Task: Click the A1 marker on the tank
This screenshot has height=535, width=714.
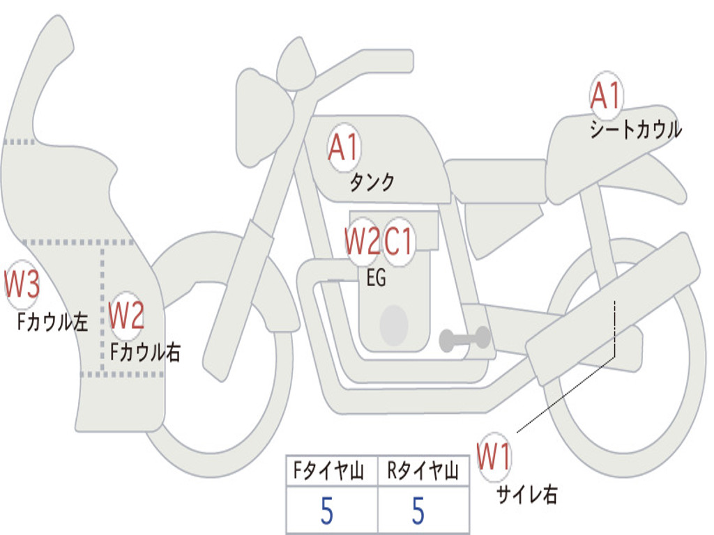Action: pyautogui.click(x=344, y=148)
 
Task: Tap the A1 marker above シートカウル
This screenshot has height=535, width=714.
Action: pyautogui.click(x=606, y=95)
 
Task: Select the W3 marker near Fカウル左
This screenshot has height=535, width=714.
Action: pyautogui.click(x=22, y=284)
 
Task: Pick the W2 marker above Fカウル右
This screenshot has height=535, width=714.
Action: pyautogui.click(x=127, y=316)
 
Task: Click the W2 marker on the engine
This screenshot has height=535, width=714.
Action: pyautogui.click(x=363, y=242)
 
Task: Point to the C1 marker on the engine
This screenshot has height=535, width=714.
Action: pyautogui.click(x=399, y=242)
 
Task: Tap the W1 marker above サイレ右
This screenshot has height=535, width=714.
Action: pyautogui.click(x=494, y=456)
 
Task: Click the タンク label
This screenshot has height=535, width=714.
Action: pyautogui.click(x=372, y=183)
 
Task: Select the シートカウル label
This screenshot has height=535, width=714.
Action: pyautogui.click(x=636, y=129)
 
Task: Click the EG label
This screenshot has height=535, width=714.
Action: pyautogui.click(x=376, y=277)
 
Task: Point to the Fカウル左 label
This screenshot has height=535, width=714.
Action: pyautogui.click(x=52, y=322)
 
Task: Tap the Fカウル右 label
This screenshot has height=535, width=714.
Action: pyautogui.click(x=145, y=352)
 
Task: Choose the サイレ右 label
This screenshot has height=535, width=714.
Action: pyautogui.click(x=527, y=494)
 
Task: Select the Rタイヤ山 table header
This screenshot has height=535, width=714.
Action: pyautogui.click(x=423, y=470)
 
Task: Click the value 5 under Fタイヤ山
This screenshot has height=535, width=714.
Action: pyautogui.click(x=327, y=511)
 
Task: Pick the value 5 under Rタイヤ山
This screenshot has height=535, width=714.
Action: pyautogui.click(x=418, y=511)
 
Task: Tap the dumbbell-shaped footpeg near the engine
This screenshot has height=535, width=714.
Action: pyautogui.click(x=464, y=339)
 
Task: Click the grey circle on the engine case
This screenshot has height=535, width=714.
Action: pyautogui.click(x=394, y=325)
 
